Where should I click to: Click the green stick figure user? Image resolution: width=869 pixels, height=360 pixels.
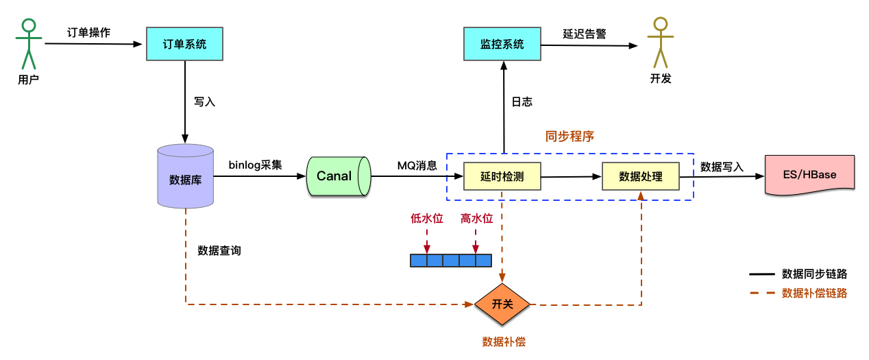pyautogui.click(x=28, y=44)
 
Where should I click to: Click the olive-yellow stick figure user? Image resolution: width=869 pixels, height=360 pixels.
pyautogui.click(x=660, y=43)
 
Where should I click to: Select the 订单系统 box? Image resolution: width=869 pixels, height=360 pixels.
pyautogui.click(x=184, y=44)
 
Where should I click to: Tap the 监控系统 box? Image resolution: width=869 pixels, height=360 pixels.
pyautogui.click(x=502, y=44)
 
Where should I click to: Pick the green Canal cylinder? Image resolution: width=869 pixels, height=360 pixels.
pyautogui.click(x=339, y=176)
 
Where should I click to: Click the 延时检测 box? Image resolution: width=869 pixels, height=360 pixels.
pyautogui.click(x=502, y=176)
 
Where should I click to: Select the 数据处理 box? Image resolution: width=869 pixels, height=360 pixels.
pyautogui.click(x=641, y=176)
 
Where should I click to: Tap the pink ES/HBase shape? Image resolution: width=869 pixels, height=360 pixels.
pyautogui.click(x=809, y=175)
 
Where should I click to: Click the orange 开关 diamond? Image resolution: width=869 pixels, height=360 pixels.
pyautogui.click(x=502, y=304)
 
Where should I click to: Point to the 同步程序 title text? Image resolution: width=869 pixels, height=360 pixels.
pyautogui.click(x=570, y=136)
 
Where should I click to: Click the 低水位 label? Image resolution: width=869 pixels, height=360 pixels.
pyautogui.click(x=427, y=219)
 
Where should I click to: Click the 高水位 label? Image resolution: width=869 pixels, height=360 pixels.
pyautogui.click(x=476, y=219)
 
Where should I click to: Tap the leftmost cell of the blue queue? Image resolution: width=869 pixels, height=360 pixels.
pyautogui.click(x=418, y=261)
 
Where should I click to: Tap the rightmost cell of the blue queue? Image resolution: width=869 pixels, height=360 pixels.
pyautogui.click(x=484, y=261)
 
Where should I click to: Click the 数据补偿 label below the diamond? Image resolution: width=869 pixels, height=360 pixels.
pyautogui.click(x=504, y=341)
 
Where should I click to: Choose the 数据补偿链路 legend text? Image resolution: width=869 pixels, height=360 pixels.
pyautogui.click(x=814, y=293)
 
